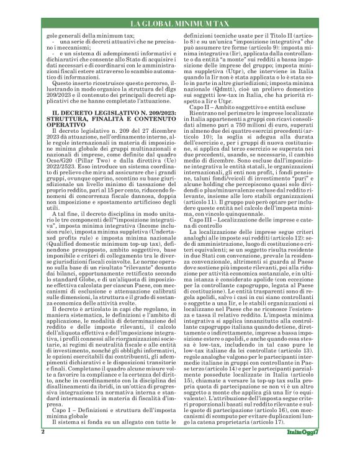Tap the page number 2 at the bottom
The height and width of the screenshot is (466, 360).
tap(43, 448)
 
